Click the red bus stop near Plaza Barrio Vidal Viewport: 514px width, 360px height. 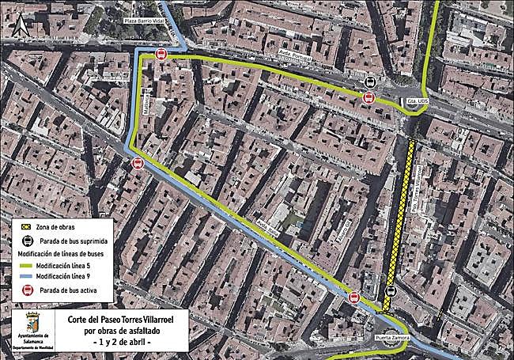coord(161,54)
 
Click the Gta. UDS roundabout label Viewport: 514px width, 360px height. coord(417,102)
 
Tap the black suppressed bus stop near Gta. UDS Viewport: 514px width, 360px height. coord(369,83)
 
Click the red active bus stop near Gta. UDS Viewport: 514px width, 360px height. coord(368,97)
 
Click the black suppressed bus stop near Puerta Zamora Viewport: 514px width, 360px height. coord(389,292)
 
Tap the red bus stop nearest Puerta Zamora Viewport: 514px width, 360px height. coord(354,298)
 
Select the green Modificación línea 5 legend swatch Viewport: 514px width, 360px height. coord(26,263)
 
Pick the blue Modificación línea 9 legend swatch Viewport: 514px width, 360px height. coord(26,276)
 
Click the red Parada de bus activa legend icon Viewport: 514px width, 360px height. coord(26,290)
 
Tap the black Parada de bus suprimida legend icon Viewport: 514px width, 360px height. coord(26,240)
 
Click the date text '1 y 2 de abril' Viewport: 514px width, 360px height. coord(121,342)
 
